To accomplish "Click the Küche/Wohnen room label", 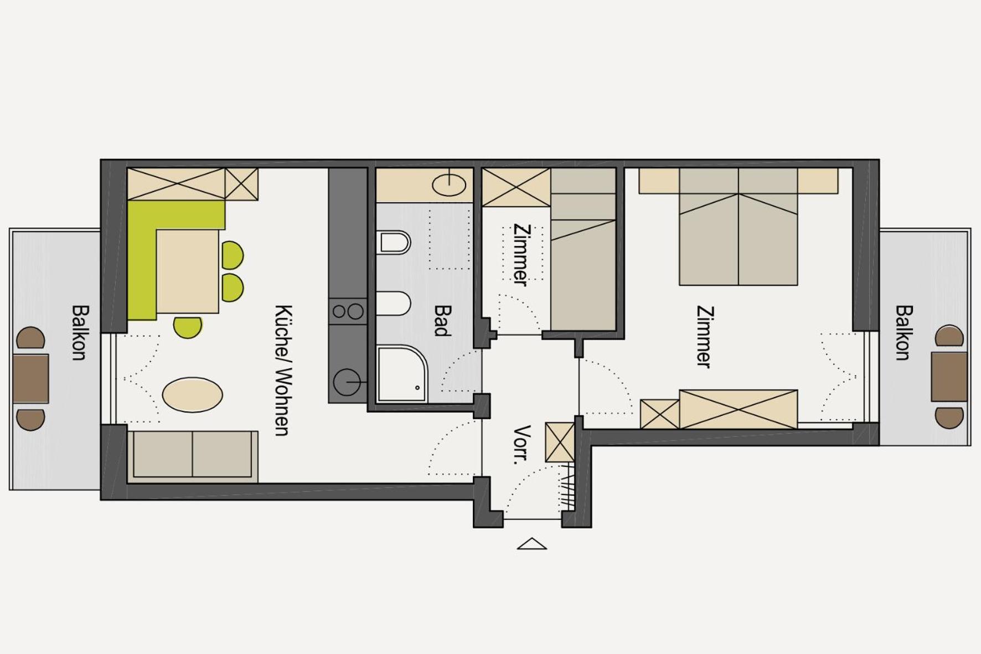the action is tap(282, 370).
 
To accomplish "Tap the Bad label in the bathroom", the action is tap(441, 321).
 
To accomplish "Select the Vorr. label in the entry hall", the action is tap(522, 445).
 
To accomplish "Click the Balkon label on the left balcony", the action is tap(79, 332).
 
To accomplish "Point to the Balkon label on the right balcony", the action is tap(903, 332).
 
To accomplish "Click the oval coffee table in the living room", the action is tap(193, 395).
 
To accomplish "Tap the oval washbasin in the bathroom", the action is tap(449, 185).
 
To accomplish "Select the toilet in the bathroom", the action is tap(394, 243).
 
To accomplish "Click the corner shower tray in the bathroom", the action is tap(402, 374).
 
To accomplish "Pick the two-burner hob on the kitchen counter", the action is tap(348, 312).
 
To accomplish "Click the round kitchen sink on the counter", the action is tap(347, 382).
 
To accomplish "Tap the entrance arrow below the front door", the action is tap(531, 544).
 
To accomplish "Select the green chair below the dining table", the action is tap(188, 327).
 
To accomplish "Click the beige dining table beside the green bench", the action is tap(188, 271).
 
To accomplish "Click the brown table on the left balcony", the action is tap(30, 379).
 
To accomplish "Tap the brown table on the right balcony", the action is tap(949, 377).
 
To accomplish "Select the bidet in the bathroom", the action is tap(394, 303).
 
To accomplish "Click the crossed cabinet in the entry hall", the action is tap(560, 442).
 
